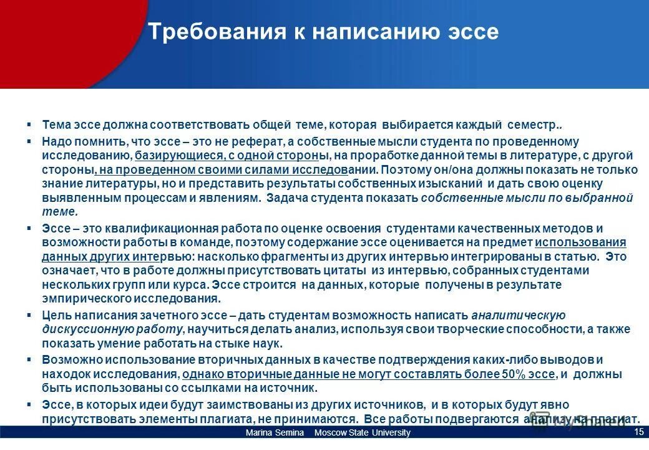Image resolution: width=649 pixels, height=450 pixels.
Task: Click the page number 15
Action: [x=638, y=432]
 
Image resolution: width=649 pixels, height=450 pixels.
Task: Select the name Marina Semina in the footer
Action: [x=275, y=433]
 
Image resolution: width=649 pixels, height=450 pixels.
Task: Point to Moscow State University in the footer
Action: [x=363, y=433]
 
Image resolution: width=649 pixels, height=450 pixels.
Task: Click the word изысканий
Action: [x=453, y=184]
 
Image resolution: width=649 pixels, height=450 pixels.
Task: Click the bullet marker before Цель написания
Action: [x=29, y=314]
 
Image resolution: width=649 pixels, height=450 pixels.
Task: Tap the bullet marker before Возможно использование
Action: [x=29, y=359]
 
